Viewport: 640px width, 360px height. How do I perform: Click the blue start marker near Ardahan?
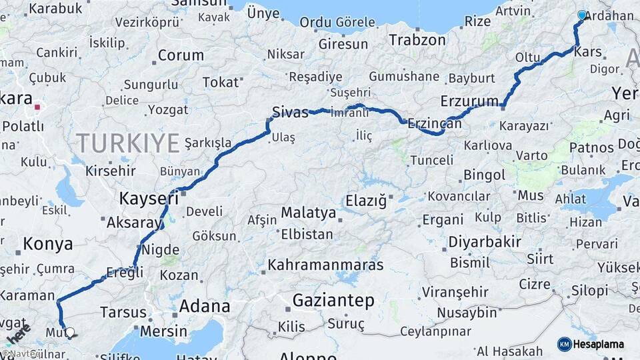pos(582,15)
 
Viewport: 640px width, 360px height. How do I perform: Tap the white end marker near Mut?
pos(69,331)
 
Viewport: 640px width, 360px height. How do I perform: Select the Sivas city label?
pos(291,111)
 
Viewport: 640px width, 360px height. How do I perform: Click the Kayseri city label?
pos(149,198)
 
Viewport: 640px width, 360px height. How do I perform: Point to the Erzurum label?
pos(469,102)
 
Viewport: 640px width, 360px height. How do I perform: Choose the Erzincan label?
pos(435,124)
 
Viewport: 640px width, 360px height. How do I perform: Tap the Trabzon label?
pos(417,40)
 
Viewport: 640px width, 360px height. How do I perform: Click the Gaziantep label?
pos(333,301)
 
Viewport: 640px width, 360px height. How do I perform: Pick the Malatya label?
pos(308,213)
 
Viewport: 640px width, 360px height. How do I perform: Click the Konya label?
pos(48,244)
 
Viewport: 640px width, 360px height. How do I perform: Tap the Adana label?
pos(205,307)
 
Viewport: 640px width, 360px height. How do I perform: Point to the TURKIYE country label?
pos(127,143)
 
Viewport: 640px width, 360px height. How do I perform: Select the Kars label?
pos(587,51)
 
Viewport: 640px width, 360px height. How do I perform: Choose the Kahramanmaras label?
pos(325,265)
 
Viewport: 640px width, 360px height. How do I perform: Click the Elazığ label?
pos(365,200)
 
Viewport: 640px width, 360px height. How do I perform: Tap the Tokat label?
pos(220,82)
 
